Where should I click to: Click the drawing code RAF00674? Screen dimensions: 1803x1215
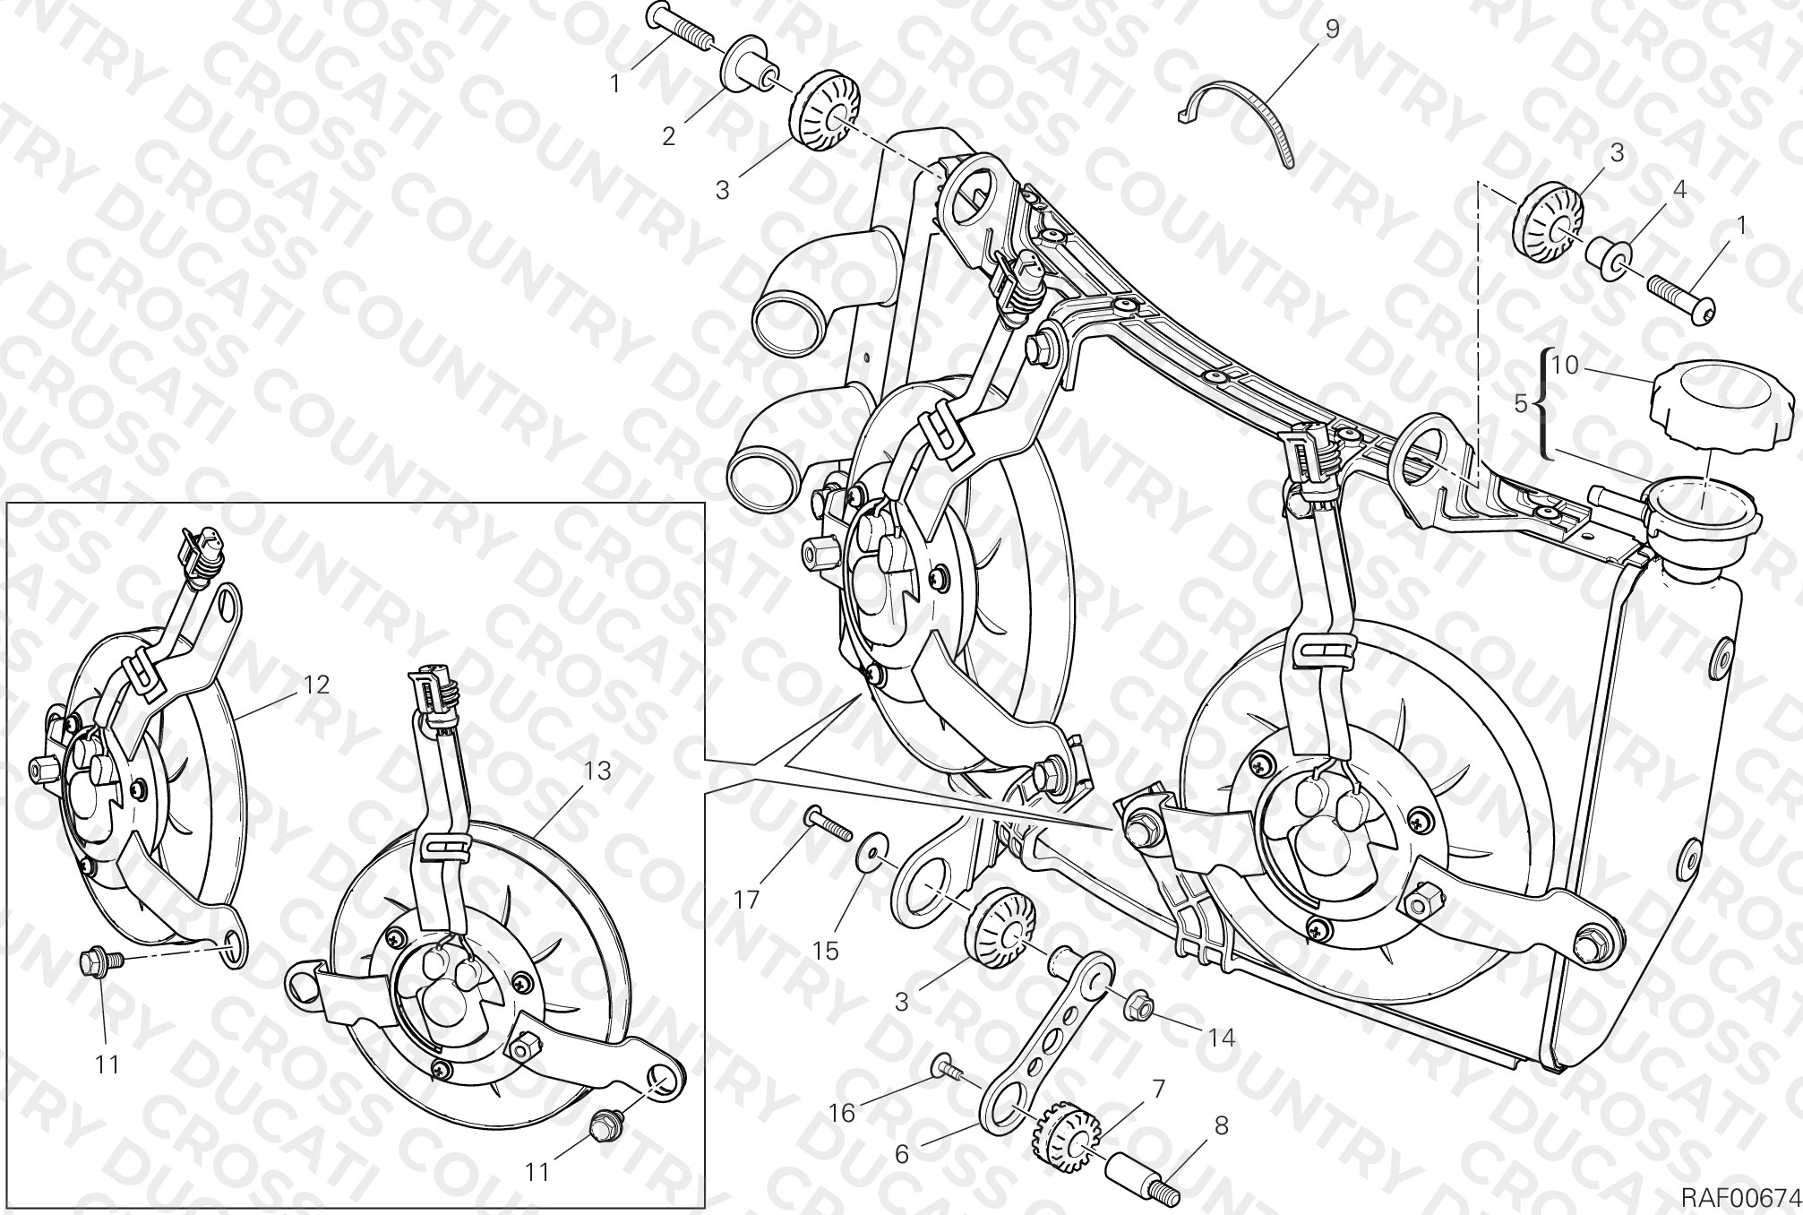coord(1739,1197)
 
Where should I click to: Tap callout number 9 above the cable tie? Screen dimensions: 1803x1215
coord(1331,30)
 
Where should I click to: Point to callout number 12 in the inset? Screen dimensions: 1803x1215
coord(316,685)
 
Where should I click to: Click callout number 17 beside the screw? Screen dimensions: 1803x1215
coord(747,899)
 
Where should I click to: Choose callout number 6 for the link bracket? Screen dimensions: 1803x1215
coord(901,1155)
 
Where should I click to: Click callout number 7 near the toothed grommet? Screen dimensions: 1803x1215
coord(1157,1090)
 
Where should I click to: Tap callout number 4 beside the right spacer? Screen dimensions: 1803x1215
coord(1679,190)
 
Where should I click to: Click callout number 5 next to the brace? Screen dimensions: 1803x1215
coord(1520,404)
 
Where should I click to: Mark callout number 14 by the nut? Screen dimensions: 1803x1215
coord(1222,1038)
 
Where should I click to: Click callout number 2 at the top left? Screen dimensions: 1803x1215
coord(668,136)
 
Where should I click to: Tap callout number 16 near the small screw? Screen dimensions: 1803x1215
coord(842,1113)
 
